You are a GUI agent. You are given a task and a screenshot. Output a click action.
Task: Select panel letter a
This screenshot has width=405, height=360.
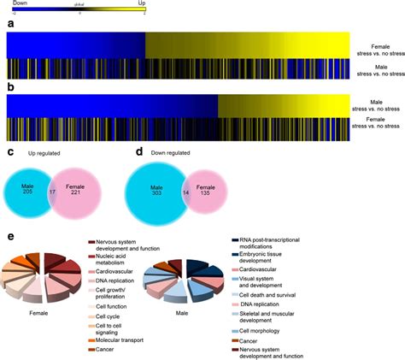click(x=10, y=25)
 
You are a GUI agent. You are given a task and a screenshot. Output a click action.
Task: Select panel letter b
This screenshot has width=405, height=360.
click(x=10, y=88)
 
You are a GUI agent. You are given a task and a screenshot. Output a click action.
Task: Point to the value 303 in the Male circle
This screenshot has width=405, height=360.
click(x=156, y=192)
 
